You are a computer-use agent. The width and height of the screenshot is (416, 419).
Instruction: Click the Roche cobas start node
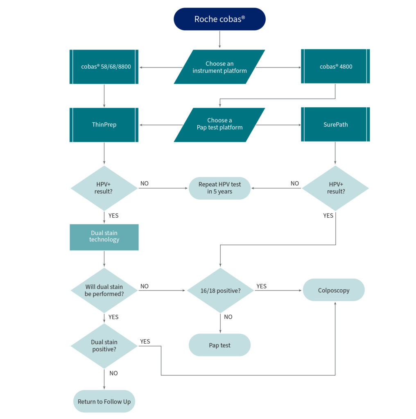[x=219, y=19]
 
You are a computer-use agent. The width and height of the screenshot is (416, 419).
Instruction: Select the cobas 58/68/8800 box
[x=104, y=67]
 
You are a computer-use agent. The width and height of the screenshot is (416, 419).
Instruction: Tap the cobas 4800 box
[x=335, y=67]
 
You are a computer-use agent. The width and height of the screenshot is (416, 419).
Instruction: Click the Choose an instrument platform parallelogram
[x=219, y=67]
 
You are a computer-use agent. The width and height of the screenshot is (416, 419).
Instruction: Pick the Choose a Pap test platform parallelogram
[x=219, y=124]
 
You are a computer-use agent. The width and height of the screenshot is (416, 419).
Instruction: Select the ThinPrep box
[x=104, y=125]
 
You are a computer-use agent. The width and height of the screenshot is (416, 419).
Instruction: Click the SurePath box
[x=335, y=124]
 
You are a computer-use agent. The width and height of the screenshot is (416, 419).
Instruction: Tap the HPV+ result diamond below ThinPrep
[x=104, y=188]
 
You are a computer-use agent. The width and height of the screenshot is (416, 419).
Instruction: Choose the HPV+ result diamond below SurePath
[x=335, y=188]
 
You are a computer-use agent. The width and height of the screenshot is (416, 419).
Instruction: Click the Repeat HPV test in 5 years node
[x=219, y=188]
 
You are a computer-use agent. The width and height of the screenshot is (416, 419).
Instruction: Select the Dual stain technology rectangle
[x=104, y=237]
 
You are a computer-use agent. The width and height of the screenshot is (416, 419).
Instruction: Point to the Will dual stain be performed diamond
[x=104, y=290]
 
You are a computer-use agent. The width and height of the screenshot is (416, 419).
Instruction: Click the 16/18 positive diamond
[x=220, y=291]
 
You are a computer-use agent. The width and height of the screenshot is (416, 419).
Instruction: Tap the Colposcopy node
[x=334, y=290]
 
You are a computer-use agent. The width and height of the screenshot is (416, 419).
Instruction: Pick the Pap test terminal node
[x=219, y=345]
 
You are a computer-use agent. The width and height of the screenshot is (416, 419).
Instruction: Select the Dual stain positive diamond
[x=104, y=346]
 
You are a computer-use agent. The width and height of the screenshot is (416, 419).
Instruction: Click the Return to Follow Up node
[x=104, y=401]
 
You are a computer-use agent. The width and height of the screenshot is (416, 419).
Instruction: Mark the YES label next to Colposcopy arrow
[x=261, y=286]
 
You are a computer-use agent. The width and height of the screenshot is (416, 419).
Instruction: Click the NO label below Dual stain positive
[x=113, y=373]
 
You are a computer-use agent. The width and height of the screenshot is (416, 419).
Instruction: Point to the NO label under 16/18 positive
[x=228, y=317]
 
